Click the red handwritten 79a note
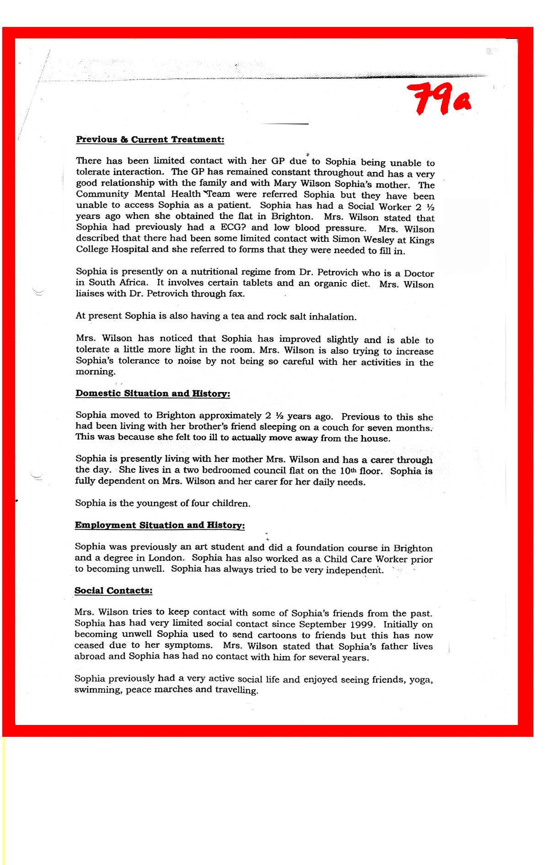[441, 99]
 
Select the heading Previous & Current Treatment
[150, 140]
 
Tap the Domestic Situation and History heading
[153, 394]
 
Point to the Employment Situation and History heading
[160, 525]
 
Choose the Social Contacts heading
[113, 590]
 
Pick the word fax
[236, 294]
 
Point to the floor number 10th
[351, 470]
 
